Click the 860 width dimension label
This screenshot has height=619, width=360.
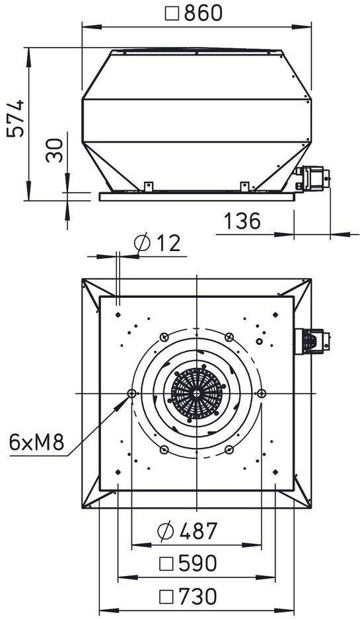coord(194,13)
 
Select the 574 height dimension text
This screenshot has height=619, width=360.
coord(16,119)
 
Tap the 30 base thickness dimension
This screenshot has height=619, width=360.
coord(54,150)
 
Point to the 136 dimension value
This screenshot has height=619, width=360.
coord(242,221)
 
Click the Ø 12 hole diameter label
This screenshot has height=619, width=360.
coord(157,243)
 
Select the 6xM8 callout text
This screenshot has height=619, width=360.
coord(36,443)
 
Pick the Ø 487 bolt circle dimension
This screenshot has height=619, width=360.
coord(187,531)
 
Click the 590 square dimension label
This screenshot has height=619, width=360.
coord(188,564)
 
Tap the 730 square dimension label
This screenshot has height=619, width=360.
coord(188,596)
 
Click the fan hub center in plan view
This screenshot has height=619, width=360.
coord(197,393)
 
